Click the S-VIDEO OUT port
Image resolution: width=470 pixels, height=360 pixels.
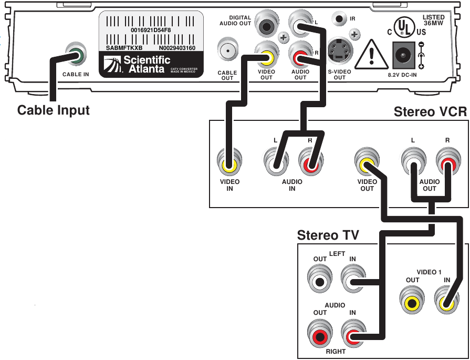click(x=339, y=50)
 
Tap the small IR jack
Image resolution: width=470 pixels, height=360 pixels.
click(x=340, y=19)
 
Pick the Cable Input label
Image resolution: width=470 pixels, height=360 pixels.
click(x=54, y=111)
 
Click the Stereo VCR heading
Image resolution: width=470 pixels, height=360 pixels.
click(x=430, y=112)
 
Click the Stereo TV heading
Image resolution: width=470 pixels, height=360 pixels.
click(x=328, y=235)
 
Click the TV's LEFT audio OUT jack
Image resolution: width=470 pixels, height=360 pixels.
click(x=319, y=281)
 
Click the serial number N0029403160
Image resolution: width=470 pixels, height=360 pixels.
click(x=177, y=48)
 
